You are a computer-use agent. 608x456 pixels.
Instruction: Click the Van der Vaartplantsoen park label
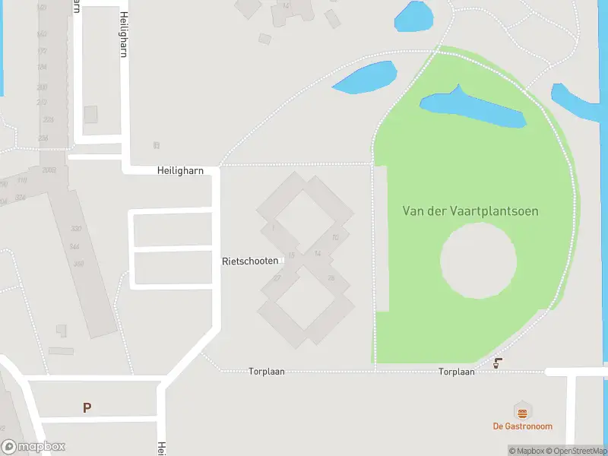(470, 211)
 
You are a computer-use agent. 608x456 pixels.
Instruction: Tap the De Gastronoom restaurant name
(522, 426)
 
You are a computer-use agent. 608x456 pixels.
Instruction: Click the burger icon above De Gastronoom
(522, 413)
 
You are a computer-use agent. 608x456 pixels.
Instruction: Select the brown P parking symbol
(87, 408)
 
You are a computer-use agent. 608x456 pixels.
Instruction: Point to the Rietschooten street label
(250, 261)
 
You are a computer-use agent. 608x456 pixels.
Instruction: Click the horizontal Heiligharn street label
(180, 171)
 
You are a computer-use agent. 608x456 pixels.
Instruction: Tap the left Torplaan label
(266, 372)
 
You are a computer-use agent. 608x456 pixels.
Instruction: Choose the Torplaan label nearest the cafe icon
(456, 372)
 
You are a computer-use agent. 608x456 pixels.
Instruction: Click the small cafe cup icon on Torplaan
(498, 363)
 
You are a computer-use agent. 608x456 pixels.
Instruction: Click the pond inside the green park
(471, 109)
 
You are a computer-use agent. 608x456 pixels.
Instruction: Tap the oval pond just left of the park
(365, 78)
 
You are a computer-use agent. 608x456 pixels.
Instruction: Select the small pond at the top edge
(413, 17)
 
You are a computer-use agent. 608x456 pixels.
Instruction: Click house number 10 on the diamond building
(334, 238)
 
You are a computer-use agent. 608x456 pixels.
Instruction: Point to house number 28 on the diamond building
(331, 278)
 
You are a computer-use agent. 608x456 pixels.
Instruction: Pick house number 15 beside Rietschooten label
(291, 255)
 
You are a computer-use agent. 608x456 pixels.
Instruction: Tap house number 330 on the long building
(75, 229)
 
